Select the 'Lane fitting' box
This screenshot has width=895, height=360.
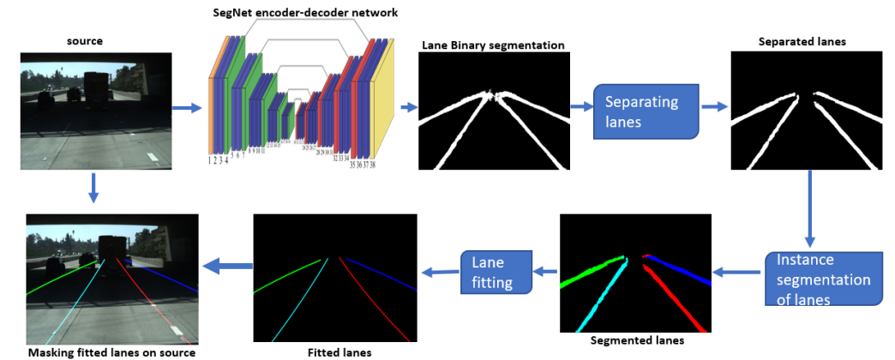coord(496,271)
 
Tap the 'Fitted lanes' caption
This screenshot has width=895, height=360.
coord(334,351)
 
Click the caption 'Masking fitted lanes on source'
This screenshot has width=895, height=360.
coord(112,352)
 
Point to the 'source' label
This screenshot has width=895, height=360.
coord(85,40)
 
